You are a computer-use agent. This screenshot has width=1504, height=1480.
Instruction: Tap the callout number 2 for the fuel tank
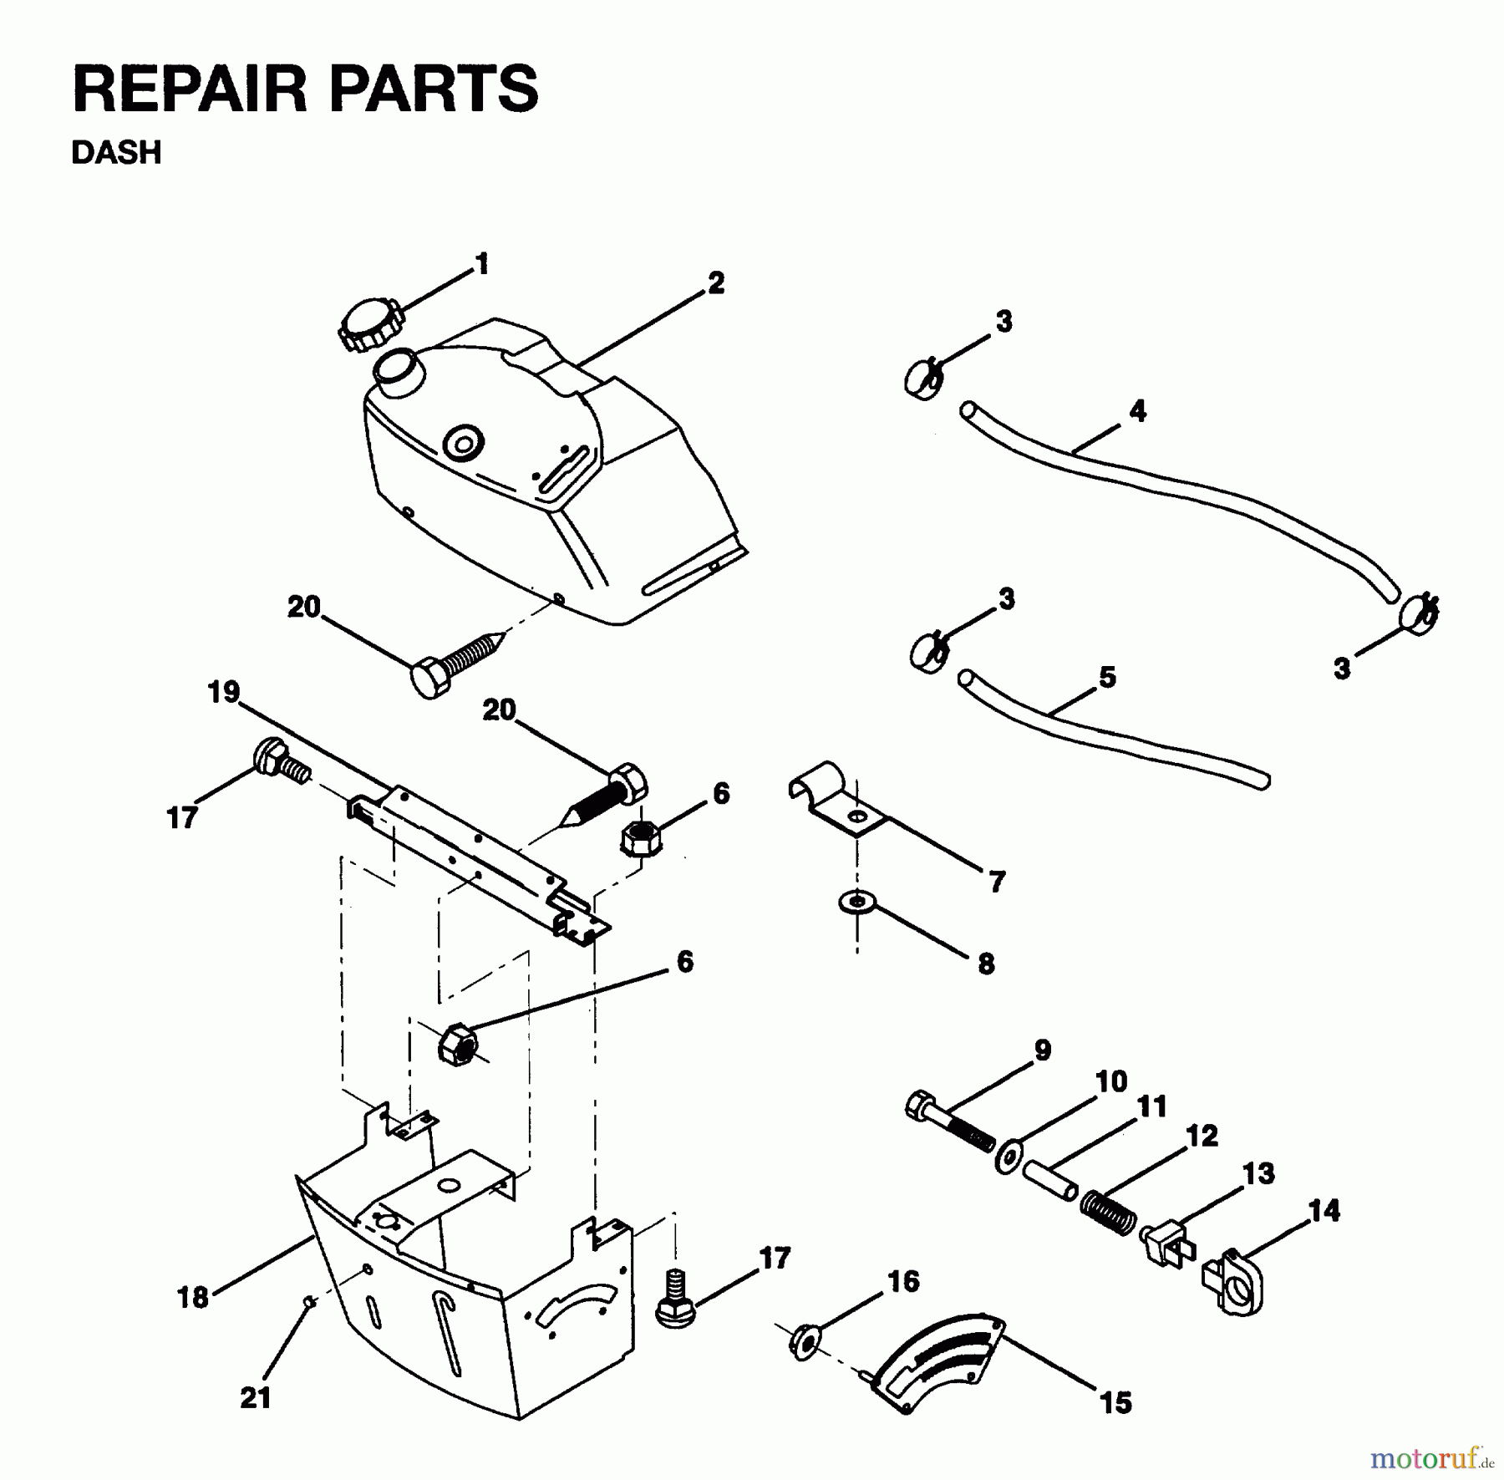(x=715, y=283)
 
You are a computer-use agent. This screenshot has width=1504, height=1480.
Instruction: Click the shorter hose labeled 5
(x=1111, y=735)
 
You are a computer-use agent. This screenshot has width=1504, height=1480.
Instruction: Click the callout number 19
(x=224, y=693)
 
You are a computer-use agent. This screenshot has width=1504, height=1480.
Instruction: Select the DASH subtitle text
(x=116, y=154)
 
